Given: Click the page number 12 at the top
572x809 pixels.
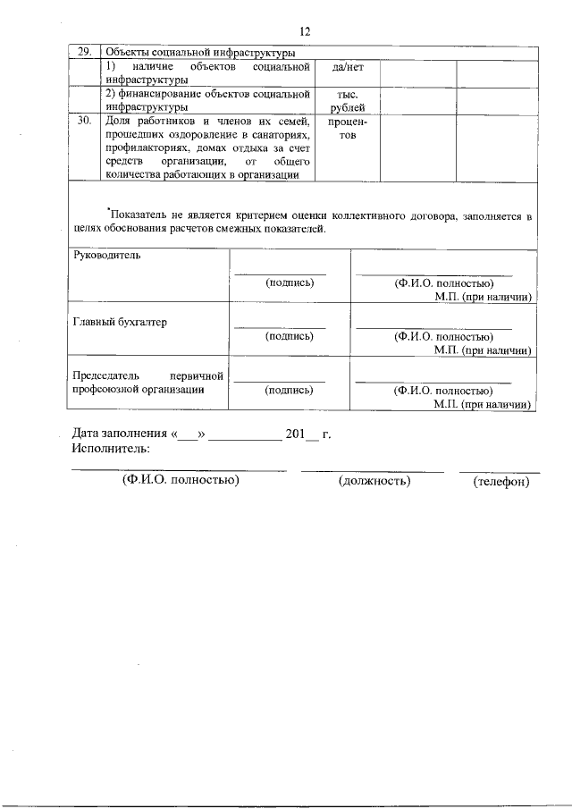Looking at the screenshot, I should pos(305,31).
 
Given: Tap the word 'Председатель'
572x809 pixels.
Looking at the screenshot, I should pos(107,375).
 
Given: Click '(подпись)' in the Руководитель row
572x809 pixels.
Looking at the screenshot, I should pos(290,282).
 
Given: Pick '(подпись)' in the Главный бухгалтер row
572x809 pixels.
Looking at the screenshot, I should pos(290,336).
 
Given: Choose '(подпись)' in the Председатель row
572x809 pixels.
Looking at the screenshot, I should pos(290,390).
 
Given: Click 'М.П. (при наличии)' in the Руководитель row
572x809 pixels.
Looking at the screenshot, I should pos(483,296).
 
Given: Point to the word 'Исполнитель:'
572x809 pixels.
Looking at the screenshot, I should pos(111,449).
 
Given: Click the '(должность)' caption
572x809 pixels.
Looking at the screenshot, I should pos(374,482).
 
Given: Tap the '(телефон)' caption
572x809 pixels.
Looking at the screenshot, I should pos(501,482).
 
